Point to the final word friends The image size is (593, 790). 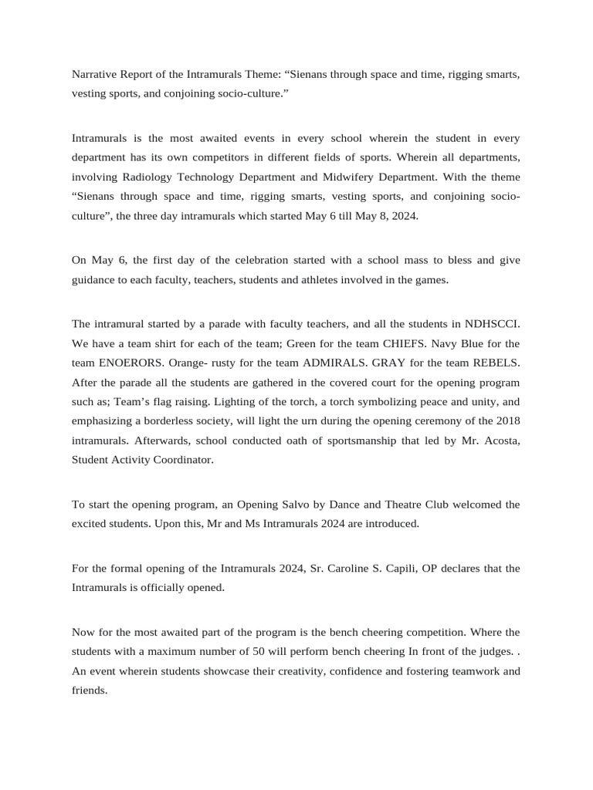89,690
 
